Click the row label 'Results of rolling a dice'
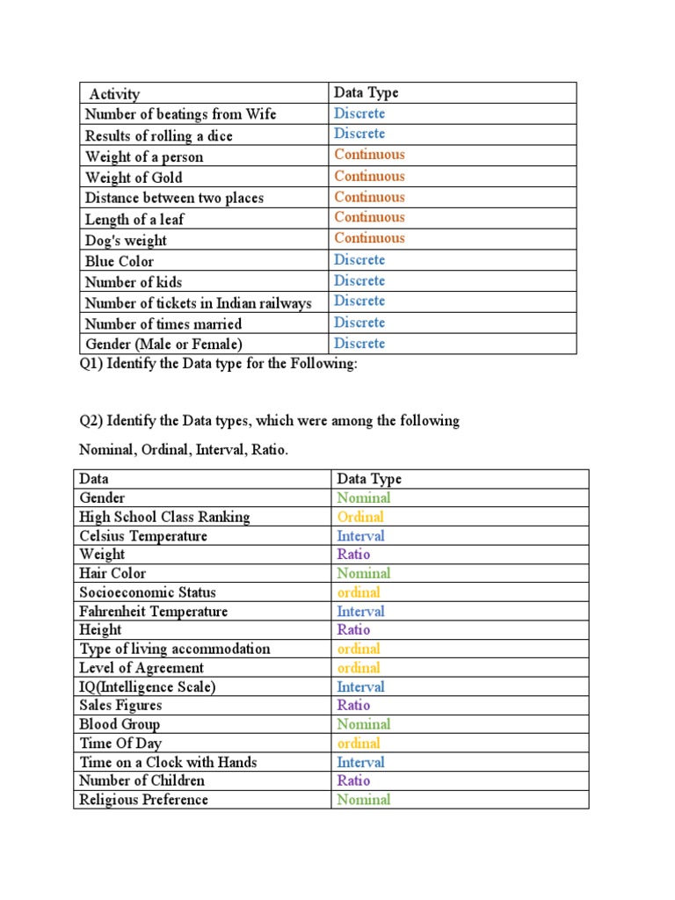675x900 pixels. pyautogui.click(x=159, y=135)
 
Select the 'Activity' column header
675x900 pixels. pyautogui.click(x=114, y=93)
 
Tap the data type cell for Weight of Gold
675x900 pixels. pyautogui.click(x=369, y=176)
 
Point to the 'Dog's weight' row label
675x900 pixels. pyautogui.click(x=126, y=240)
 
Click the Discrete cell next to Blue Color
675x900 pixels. pyautogui.click(x=359, y=259)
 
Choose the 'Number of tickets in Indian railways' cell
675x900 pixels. pyautogui.click(x=199, y=303)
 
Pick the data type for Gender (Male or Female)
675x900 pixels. pyautogui.click(x=359, y=344)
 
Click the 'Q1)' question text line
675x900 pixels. pyautogui.click(x=219, y=364)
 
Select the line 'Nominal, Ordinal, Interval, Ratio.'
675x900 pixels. pyautogui.click(x=184, y=450)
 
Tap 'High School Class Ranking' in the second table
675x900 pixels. pyautogui.click(x=164, y=517)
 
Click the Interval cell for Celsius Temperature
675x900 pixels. pyautogui.click(x=360, y=536)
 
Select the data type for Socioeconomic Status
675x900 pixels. pyautogui.click(x=359, y=592)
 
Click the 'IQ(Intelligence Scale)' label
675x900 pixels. pyautogui.click(x=147, y=686)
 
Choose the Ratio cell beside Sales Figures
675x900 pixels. pyautogui.click(x=353, y=705)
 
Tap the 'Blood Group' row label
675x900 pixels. pyautogui.click(x=120, y=724)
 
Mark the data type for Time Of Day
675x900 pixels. pyautogui.click(x=359, y=744)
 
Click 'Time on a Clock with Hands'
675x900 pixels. pyautogui.click(x=168, y=762)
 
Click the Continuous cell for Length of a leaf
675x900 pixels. pyautogui.click(x=369, y=217)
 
